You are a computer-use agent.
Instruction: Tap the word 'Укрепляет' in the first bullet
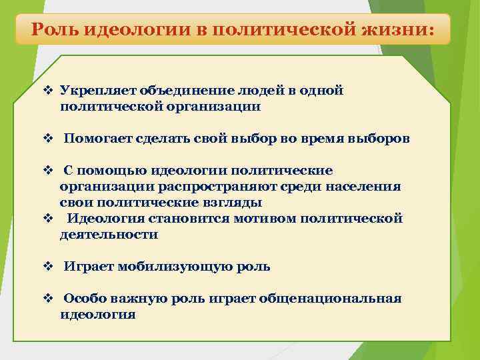coord(91,91)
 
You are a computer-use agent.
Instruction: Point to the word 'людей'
coord(251,91)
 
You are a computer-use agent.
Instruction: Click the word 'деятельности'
coord(109,235)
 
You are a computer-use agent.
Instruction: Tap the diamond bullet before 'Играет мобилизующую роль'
coord(47,267)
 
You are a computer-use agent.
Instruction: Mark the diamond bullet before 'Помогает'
coord(47,139)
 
